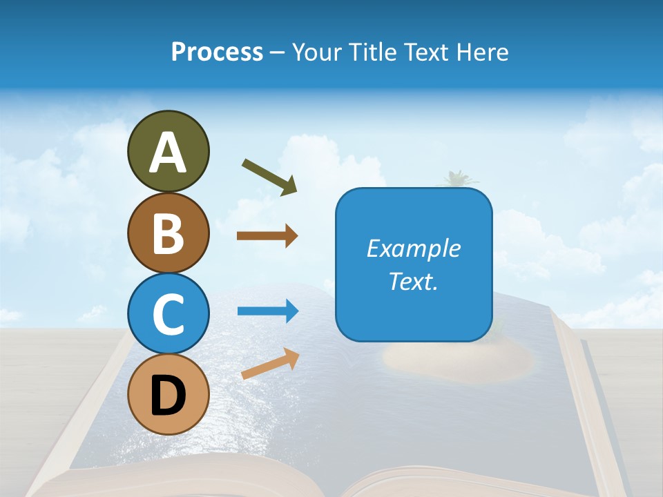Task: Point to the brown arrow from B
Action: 267,236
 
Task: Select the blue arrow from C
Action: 267,311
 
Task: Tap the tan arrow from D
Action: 270,364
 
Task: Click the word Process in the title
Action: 217,52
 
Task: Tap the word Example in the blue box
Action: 413,248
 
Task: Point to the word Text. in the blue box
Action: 413,281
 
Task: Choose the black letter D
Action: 168,396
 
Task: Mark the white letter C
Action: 168,315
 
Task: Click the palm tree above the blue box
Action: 455,179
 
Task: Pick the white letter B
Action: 168,233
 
